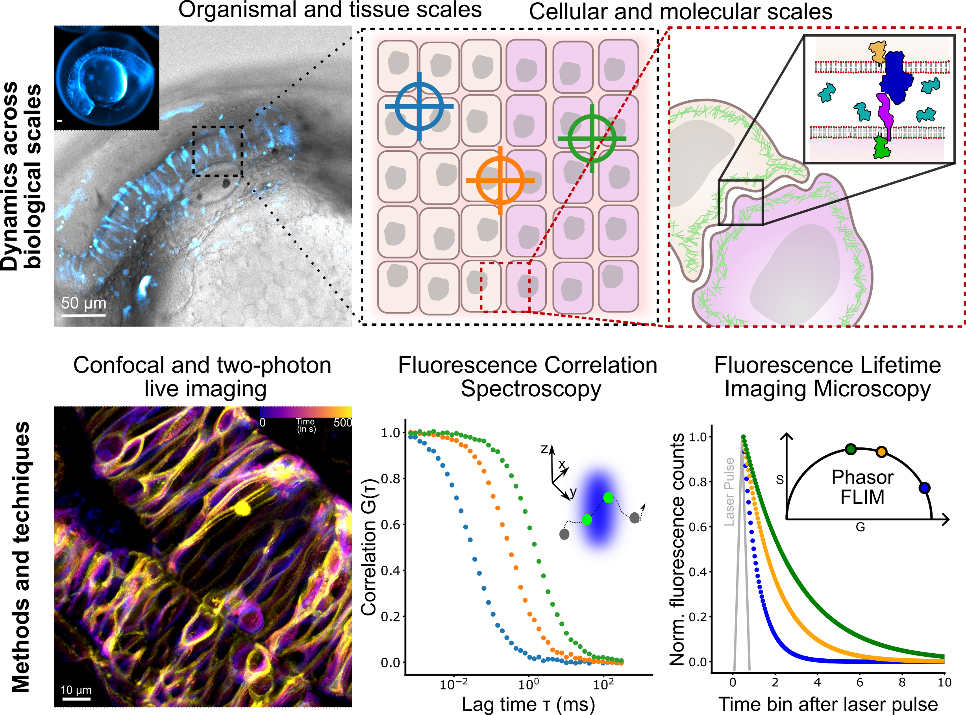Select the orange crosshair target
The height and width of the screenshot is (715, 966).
pyautogui.click(x=500, y=181)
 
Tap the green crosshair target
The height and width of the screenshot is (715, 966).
pyautogui.click(x=592, y=139)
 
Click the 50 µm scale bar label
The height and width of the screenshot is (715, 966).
pyautogui.click(x=83, y=303)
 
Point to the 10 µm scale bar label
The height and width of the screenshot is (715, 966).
pyautogui.click(x=76, y=689)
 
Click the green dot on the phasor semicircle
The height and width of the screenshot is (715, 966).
pyautogui.click(x=851, y=449)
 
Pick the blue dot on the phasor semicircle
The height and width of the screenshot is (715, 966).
pyautogui.click(x=924, y=488)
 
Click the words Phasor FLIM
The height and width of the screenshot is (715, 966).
pyautogui.click(x=862, y=487)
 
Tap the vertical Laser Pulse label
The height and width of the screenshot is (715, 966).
pyautogui.click(x=729, y=491)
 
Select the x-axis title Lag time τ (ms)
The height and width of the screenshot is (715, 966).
pyautogui.click(x=528, y=704)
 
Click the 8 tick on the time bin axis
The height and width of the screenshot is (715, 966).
pyautogui.click(x=902, y=683)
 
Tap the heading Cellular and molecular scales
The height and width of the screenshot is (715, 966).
pyautogui.click(x=681, y=12)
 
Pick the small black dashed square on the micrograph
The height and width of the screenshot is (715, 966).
pyautogui.click(x=217, y=151)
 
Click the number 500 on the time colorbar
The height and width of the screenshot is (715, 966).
pyautogui.click(x=342, y=422)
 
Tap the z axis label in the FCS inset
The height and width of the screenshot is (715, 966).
pyautogui.click(x=544, y=449)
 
